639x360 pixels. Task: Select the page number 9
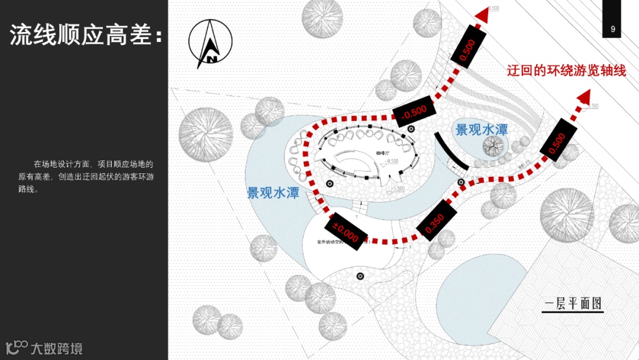click(x=612, y=29)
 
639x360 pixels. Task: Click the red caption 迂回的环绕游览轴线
click(x=566, y=71)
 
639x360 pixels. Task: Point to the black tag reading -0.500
click(x=414, y=111)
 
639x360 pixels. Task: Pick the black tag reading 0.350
click(x=435, y=222)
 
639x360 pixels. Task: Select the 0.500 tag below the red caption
click(x=557, y=143)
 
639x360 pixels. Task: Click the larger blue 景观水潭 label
click(x=273, y=192)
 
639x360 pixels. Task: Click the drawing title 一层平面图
click(x=573, y=304)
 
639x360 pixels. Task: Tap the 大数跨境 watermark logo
click(x=44, y=347)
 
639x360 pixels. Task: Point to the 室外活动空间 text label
click(x=335, y=242)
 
